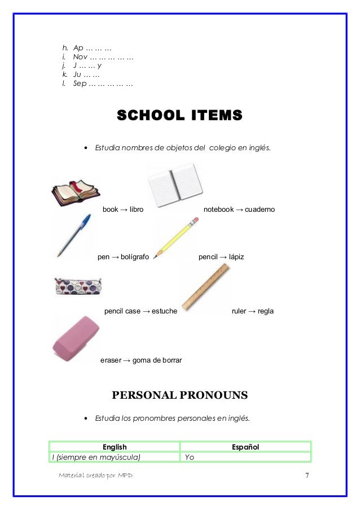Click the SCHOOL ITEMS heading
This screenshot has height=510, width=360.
click(179, 116)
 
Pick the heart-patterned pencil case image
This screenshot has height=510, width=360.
click(77, 286)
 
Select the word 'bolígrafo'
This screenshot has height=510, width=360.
click(134, 257)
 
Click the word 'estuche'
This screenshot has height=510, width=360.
click(164, 311)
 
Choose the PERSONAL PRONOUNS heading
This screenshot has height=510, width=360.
click(180, 395)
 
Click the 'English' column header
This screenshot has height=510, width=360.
click(115, 447)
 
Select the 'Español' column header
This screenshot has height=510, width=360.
click(245, 447)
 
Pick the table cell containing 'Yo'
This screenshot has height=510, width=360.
click(245, 457)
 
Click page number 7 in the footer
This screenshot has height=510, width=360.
click(307, 475)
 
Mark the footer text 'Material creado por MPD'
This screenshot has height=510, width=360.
click(95, 476)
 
